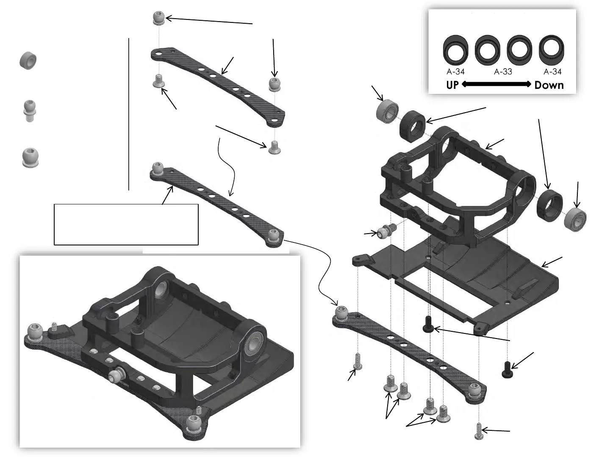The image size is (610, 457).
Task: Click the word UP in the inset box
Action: (452, 85)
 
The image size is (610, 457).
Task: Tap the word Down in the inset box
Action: (549, 85)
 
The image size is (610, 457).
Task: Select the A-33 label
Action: (503, 72)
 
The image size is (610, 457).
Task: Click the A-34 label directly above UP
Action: (455, 72)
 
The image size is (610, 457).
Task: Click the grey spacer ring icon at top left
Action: (28, 61)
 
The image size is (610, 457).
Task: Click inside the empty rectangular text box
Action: (126, 224)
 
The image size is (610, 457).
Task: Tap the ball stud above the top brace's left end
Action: (158, 19)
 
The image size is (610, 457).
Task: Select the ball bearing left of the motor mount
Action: (387, 110)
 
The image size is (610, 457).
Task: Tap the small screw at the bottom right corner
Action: (479, 431)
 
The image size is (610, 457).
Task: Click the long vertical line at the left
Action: (128, 114)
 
